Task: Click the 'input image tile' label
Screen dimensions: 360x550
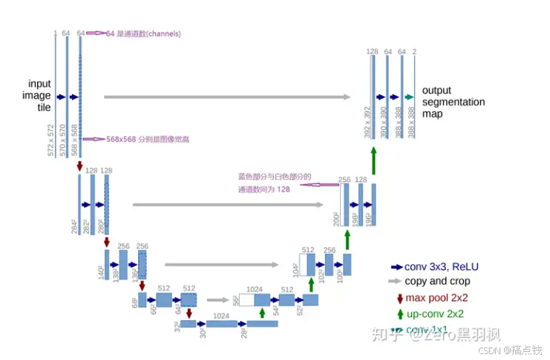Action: coord(40,96)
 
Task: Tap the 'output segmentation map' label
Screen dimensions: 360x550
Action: coord(453,102)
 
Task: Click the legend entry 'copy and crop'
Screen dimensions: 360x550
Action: coord(437,281)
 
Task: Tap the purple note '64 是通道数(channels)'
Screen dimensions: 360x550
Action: coord(143,33)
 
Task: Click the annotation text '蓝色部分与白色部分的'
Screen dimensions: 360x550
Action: coord(274,177)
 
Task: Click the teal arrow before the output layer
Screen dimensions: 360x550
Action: coord(408,96)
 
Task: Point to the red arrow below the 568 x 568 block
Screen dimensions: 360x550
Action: coord(79,168)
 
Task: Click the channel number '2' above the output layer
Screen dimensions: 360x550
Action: coord(414,51)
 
